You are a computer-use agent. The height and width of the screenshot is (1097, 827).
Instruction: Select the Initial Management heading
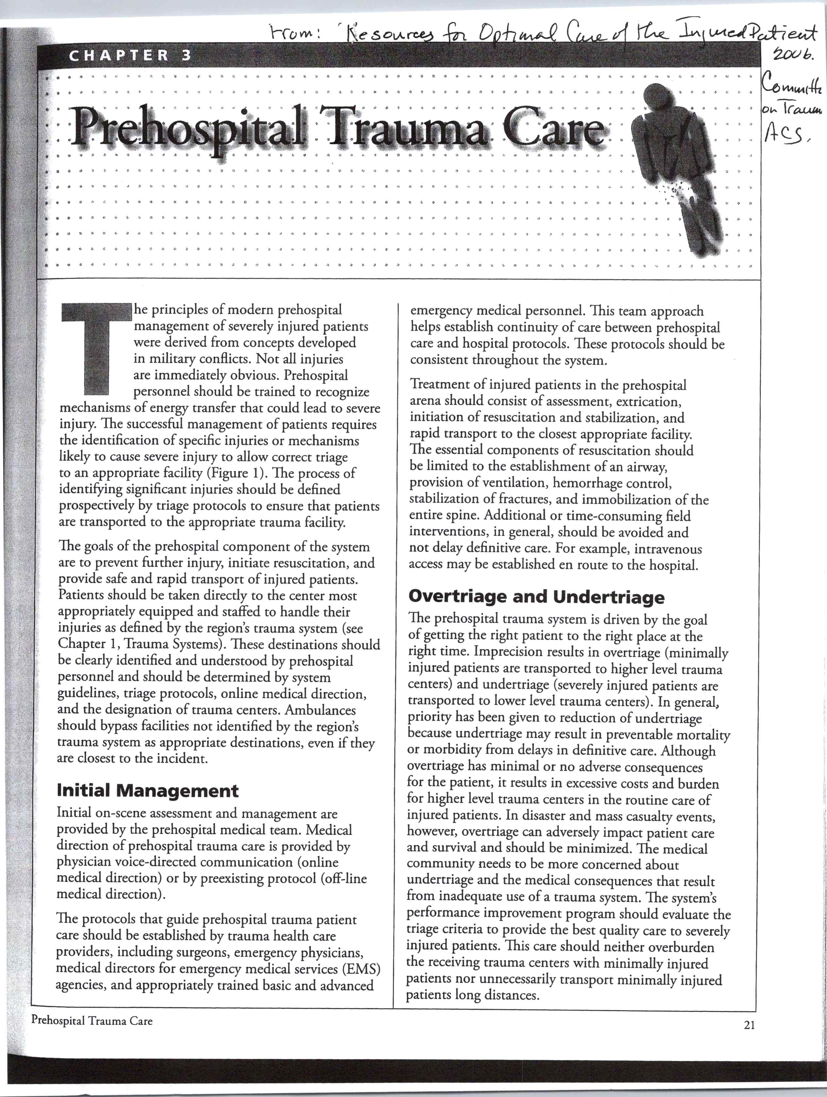148,790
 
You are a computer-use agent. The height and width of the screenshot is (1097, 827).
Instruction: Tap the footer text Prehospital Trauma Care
92,1021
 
